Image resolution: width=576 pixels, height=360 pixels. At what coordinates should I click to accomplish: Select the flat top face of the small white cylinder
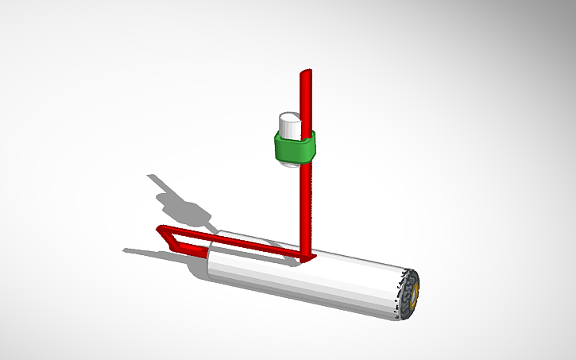coord(289,119)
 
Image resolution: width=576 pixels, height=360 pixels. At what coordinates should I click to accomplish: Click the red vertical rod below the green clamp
coord(307,207)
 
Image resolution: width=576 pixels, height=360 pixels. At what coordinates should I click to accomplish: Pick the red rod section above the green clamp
coord(307,99)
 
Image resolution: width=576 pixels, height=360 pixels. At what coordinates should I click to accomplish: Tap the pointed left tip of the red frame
coord(159,230)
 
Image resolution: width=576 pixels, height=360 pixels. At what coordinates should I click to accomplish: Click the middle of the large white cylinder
coord(310,282)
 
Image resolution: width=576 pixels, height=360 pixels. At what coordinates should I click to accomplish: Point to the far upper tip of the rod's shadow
coord(151,176)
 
